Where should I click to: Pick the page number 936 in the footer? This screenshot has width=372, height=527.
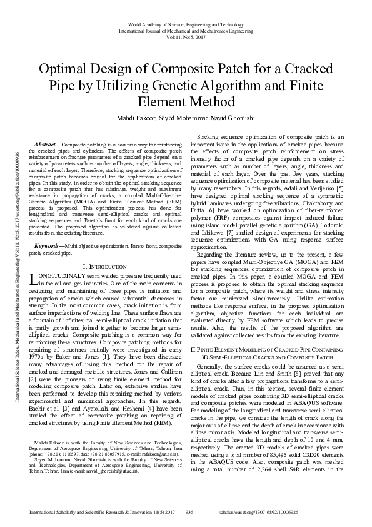coord(189,511)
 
